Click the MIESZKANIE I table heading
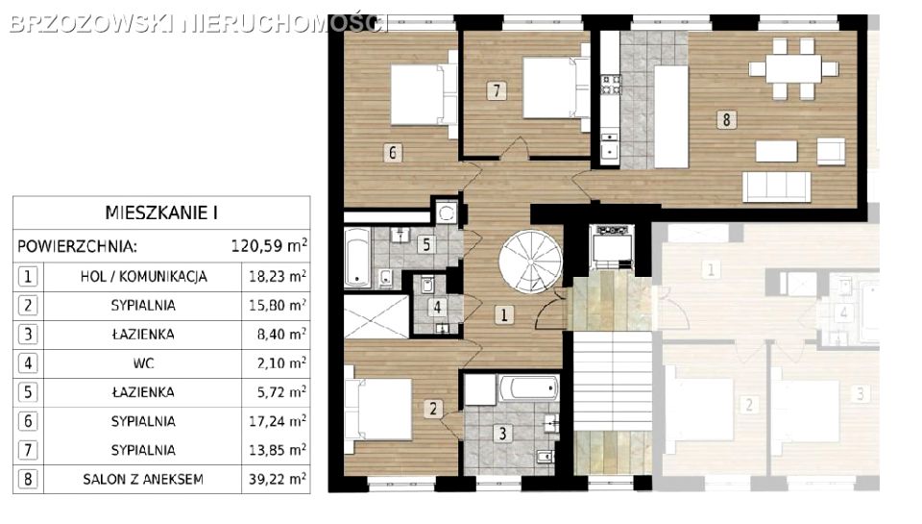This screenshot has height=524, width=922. pyautogui.click(x=161, y=212)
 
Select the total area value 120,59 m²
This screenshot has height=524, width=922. pyautogui.click(x=269, y=245)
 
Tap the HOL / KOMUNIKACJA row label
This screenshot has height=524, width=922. pyautogui.click(x=143, y=276)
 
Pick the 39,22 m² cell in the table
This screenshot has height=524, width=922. pyautogui.click(x=277, y=479)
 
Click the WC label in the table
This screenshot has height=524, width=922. pyautogui.click(x=143, y=362)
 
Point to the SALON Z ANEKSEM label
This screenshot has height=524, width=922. pyautogui.click(x=143, y=479)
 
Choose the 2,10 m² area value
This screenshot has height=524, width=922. pyautogui.click(x=281, y=362)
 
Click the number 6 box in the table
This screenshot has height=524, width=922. pyautogui.click(x=28, y=421)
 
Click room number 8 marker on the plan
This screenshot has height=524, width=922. pyautogui.click(x=726, y=119)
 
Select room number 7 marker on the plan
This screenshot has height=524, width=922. pyautogui.click(x=497, y=90)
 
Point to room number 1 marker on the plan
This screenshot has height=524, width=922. pyautogui.click(x=504, y=315)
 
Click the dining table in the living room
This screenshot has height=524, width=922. pyautogui.click(x=792, y=69)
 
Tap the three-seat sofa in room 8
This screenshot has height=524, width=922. pyautogui.click(x=776, y=187)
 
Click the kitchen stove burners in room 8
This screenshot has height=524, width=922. pyautogui.click(x=611, y=85)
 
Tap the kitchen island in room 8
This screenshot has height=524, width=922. pyautogui.click(x=671, y=116)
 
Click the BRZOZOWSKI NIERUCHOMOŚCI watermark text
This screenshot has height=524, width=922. pyautogui.click(x=199, y=23)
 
